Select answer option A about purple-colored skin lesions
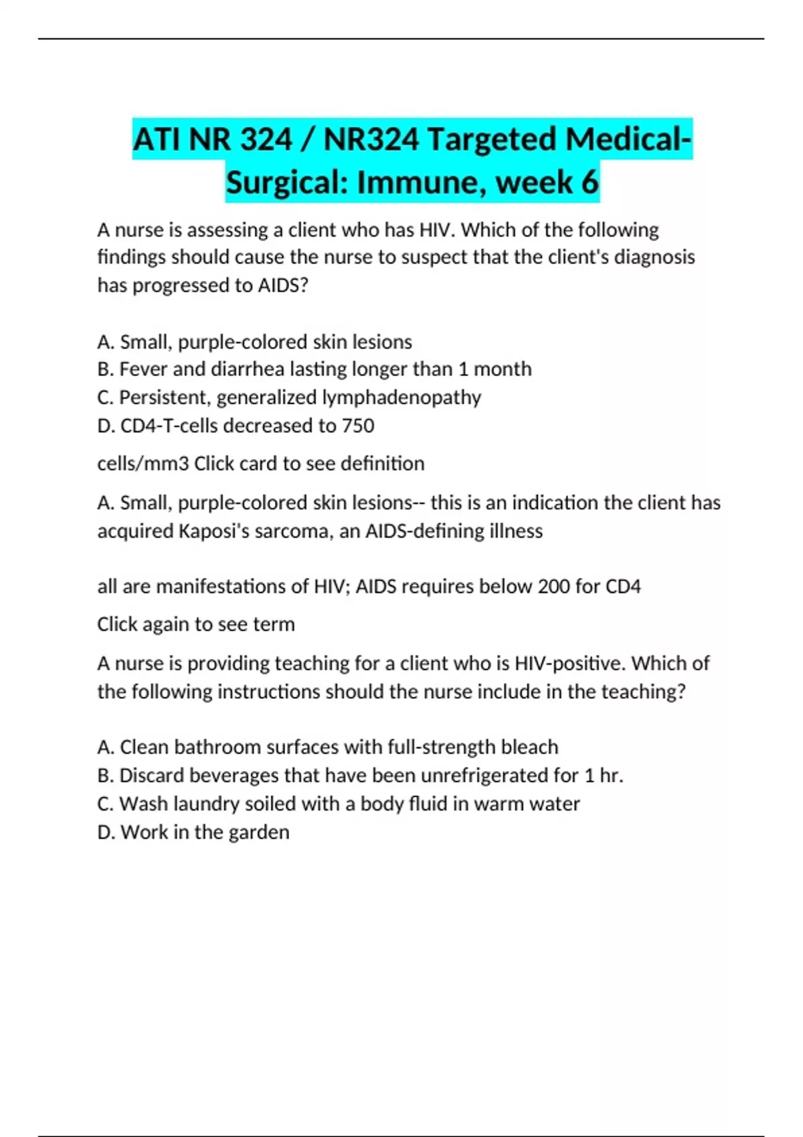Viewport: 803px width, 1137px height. [254, 342]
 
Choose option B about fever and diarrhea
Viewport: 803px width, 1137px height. [315, 369]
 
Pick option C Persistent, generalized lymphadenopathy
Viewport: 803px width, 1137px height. [289, 397]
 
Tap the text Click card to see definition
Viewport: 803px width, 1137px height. [309, 463]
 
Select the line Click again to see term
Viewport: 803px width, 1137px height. [196, 624]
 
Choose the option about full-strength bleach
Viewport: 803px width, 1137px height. [328, 747]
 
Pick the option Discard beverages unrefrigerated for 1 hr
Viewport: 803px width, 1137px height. [360, 775]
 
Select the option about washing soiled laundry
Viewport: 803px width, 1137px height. [339, 803]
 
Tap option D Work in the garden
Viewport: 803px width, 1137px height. [193, 832]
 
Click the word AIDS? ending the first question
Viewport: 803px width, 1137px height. [283, 286]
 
